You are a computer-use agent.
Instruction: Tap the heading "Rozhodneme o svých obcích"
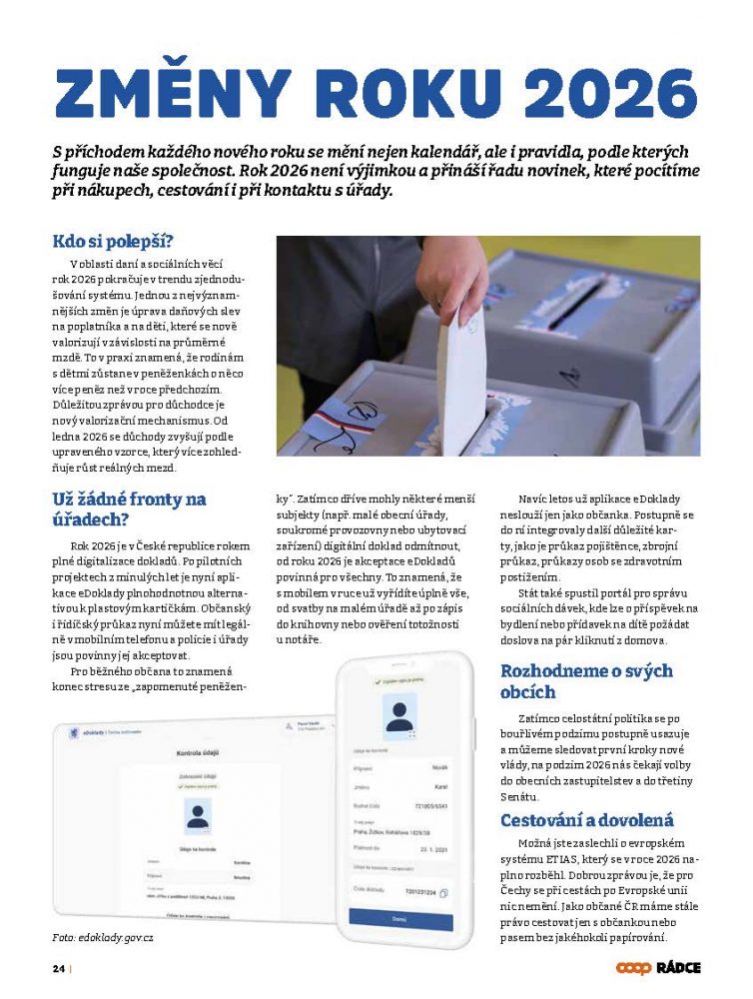coord(586,680)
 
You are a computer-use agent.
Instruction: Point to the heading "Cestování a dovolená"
coord(586,820)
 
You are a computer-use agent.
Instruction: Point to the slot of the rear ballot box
coord(589,300)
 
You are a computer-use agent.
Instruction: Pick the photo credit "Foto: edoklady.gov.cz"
coord(103,938)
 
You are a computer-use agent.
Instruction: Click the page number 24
coord(59,968)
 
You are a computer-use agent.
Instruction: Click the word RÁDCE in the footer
coord(678,967)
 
